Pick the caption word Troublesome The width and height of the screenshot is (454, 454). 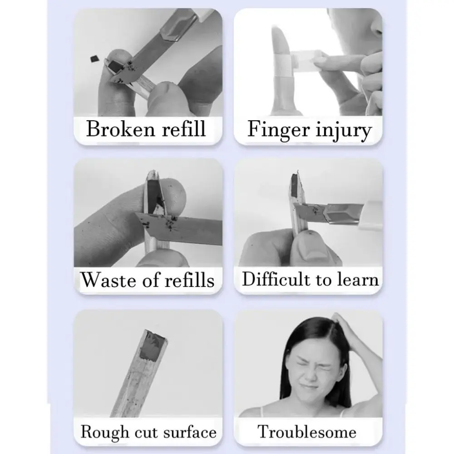[x=307, y=431]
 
